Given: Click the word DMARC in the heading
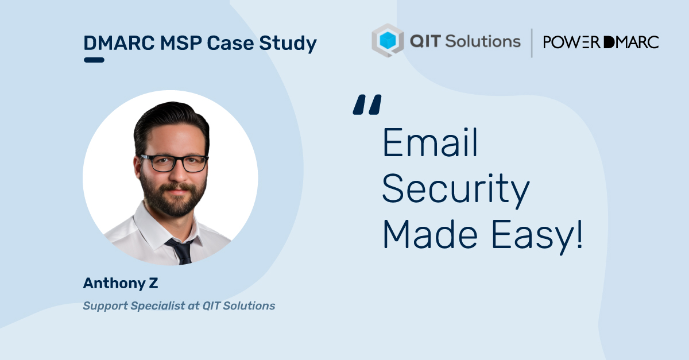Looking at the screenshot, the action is point(119,42).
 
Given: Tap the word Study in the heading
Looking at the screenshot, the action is point(288,44).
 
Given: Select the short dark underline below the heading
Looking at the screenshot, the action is point(94,60).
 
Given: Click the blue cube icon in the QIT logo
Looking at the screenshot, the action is point(388,40).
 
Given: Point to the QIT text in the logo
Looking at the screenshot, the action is point(425,41).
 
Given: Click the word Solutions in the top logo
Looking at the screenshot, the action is point(483,41).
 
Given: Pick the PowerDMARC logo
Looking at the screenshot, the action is point(601,42).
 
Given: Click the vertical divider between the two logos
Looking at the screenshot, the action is point(532,42).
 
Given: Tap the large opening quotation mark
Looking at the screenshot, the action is point(367,104).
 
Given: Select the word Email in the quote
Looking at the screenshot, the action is point(430,142).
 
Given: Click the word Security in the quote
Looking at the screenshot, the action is point(456,190).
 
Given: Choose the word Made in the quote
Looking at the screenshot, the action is point(430,234).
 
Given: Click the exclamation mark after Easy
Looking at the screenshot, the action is point(579,234).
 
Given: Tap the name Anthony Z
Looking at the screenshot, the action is point(121,284).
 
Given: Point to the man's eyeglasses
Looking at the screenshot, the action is point(174,163).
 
